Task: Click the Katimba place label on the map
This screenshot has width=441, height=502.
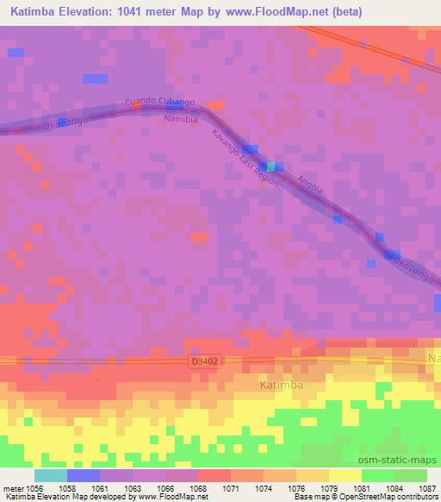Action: (x=283, y=386)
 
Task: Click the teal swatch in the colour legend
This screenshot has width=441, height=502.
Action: (x=51, y=474)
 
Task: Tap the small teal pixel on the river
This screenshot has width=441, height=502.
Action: (x=271, y=166)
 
